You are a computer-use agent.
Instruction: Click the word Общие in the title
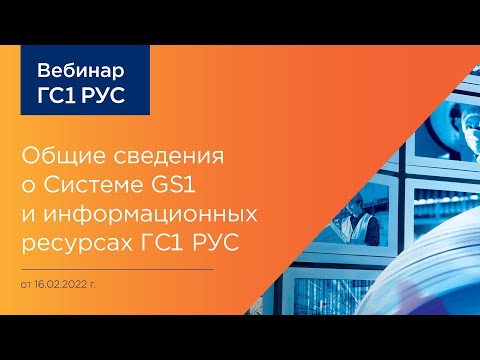pos(66,158)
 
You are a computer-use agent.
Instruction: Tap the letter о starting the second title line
pos(27,187)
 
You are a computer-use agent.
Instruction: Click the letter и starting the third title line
pos(27,214)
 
